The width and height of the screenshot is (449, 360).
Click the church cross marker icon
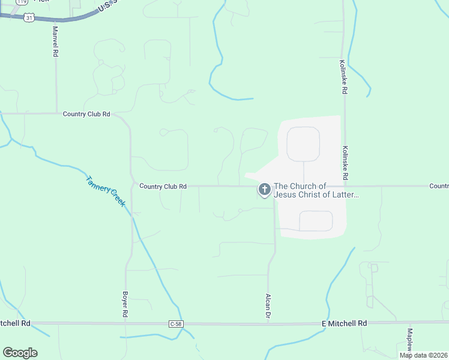[264, 190]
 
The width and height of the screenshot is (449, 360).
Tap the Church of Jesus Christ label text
[316, 190]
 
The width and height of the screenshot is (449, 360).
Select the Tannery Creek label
[105, 191]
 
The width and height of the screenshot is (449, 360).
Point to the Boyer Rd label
[125, 305]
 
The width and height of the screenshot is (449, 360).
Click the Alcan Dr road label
[268, 305]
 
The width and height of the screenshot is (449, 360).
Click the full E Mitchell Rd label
[344, 323]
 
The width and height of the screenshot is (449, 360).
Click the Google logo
[20, 352]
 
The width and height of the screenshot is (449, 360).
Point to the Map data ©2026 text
[423, 355]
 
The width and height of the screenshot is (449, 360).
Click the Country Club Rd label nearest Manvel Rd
[86, 113]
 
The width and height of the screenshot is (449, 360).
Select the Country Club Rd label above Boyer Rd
[163, 187]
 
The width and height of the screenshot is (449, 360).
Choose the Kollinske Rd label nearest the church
[345, 163]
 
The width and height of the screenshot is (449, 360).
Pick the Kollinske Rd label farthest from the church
[343, 77]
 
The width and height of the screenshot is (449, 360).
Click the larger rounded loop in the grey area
[303, 144]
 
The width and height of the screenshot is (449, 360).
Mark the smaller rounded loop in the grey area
[316, 221]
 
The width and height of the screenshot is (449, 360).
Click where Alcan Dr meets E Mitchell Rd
[268, 324]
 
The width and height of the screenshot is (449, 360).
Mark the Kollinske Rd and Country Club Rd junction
[346, 186]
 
